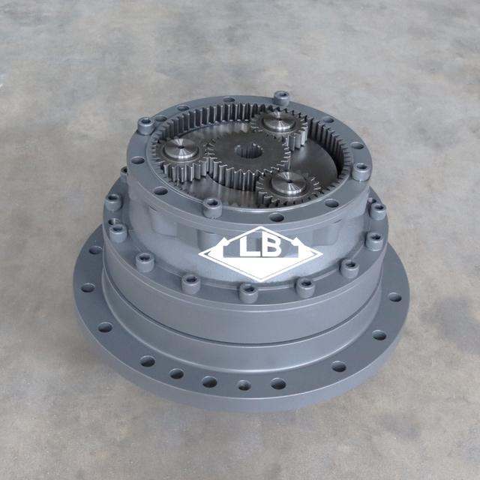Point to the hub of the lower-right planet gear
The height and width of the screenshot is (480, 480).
click(x=289, y=182)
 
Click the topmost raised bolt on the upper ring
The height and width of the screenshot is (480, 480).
click(x=281, y=97)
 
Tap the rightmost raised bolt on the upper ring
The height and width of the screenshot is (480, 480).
click(x=361, y=170)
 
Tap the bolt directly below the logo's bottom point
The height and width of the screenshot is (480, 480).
click(x=248, y=291)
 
